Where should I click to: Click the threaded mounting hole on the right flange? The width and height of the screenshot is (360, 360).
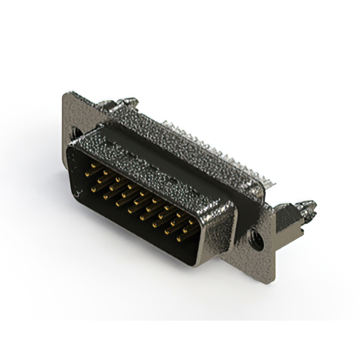click(256, 240)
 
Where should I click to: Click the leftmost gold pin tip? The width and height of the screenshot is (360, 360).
click(87, 174)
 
